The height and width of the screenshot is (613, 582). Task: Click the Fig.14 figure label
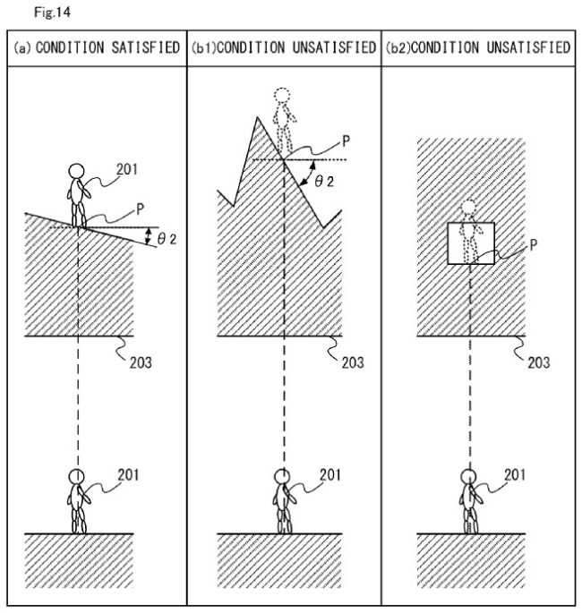pyautogui.click(x=52, y=13)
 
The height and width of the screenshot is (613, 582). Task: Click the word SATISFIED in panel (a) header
pyautogui.click(x=145, y=47)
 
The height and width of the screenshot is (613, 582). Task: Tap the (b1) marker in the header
pyautogui.click(x=203, y=48)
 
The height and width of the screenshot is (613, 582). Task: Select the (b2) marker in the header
pyautogui.click(x=398, y=48)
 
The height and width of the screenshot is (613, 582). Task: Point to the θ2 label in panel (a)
pyautogui.click(x=167, y=239)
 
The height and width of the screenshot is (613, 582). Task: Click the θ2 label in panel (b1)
pyautogui.click(x=324, y=182)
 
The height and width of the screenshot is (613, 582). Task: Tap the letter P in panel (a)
pyautogui.click(x=140, y=209)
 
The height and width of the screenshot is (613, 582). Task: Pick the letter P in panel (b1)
pyautogui.click(x=346, y=141)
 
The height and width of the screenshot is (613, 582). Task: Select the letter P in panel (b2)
pyautogui.click(x=534, y=245)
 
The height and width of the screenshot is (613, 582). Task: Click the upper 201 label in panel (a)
pyautogui.click(x=127, y=170)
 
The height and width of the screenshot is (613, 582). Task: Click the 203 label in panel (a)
pyautogui.click(x=141, y=362)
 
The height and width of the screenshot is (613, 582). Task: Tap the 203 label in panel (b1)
pyautogui.click(x=353, y=362)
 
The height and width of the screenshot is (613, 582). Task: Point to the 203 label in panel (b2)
pyautogui.click(x=539, y=362)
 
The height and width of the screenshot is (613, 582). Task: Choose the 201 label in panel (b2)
pyautogui.click(x=515, y=475)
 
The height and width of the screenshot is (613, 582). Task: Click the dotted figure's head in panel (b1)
pyautogui.click(x=282, y=95)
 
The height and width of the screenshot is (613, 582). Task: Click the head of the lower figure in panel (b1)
pyautogui.click(x=282, y=476)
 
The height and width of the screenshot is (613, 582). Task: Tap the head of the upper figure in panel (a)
pyautogui.click(x=76, y=171)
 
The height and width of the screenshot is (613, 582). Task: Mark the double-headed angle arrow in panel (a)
pyautogui.click(x=148, y=236)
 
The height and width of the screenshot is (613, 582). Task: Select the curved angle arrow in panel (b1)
pyautogui.click(x=310, y=173)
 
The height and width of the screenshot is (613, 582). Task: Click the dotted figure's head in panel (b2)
pyautogui.click(x=468, y=208)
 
